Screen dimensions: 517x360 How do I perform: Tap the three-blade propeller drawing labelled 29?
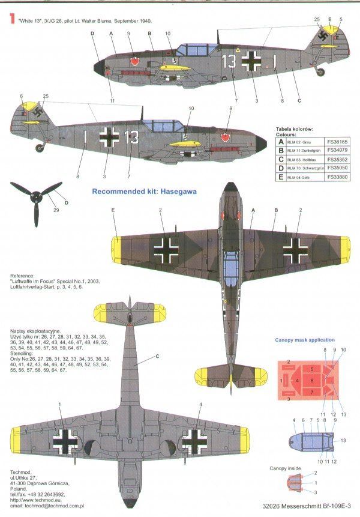pyautogui.click(x=36, y=195)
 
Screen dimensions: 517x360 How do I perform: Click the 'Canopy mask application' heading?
pyautogui.click(x=305, y=340)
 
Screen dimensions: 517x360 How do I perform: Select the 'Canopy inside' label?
pyautogui.click(x=285, y=468)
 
